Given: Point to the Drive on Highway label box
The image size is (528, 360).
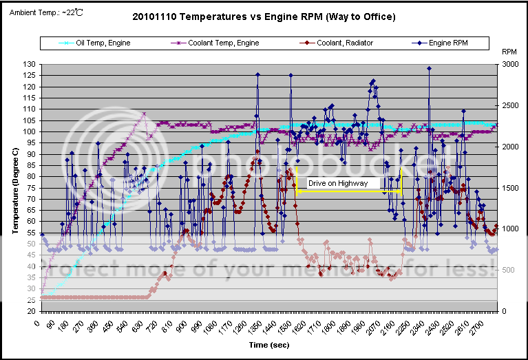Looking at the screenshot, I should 343,184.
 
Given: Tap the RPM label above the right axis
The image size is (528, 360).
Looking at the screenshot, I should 509,52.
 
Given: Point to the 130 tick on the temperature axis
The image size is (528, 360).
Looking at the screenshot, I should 30,64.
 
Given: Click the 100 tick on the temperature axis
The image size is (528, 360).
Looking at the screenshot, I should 30,131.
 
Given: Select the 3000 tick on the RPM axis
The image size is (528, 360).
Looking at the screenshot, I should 510,64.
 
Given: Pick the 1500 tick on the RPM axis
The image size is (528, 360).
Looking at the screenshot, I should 510,188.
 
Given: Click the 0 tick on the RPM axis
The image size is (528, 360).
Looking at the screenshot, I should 505,311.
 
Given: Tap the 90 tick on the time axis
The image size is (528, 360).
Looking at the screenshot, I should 50,321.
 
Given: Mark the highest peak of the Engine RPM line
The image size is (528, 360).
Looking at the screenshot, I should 429,68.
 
